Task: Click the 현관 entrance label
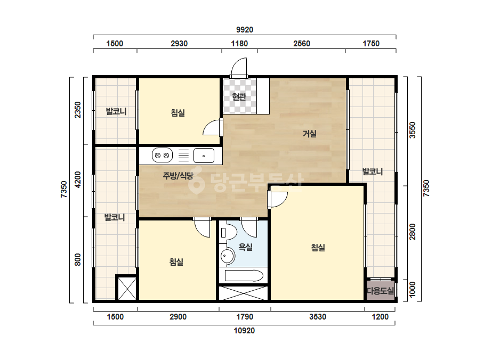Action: pyautogui.click(x=239, y=96)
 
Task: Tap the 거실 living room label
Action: pyautogui.click(x=309, y=134)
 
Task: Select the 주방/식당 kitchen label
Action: pyautogui.click(x=178, y=176)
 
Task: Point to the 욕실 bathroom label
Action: pyautogui.click(x=245, y=247)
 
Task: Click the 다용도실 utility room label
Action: pyautogui.click(x=380, y=291)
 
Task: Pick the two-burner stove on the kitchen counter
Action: pyautogui.click(x=162, y=156)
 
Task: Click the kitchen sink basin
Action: pyautogui.click(x=204, y=156)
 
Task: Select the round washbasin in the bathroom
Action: pyautogui.click(x=227, y=257)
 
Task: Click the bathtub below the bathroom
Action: pyautogui.click(x=244, y=276)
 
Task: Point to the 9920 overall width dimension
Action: pyautogui.click(x=245, y=30)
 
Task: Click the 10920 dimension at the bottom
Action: pyautogui.click(x=245, y=331)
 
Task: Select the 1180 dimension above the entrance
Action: pyautogui.click(x=239, y=44)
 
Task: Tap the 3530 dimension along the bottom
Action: pyautogui.click(x=318, y=317)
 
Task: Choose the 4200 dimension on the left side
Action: pyautogui.click(x=77, y=180)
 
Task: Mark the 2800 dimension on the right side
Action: pyautogui.click(x=412, y=232)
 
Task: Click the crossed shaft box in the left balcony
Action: pyautogui.click(x=127, y=288)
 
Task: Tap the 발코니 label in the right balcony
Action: pyautogui.click(x=373, y=171)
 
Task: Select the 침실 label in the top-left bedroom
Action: pyautogui.click(x=178, y=113)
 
